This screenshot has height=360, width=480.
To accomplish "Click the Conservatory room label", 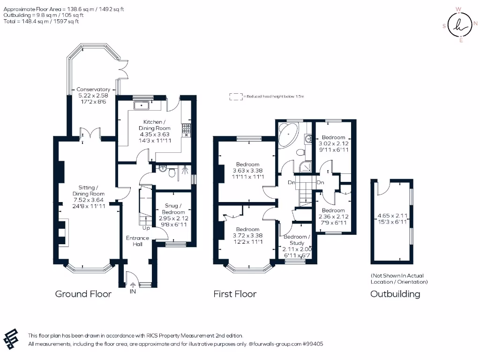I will (x=93, y=89).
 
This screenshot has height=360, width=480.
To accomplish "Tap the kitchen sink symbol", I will (x=141, y=105).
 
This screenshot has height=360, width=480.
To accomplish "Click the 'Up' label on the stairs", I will (x=146, y=228).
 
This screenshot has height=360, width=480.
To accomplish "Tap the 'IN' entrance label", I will (x=133, y=292).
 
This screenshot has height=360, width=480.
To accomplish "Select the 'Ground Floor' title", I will (x=83, y=294).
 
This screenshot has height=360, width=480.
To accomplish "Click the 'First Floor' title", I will (x=235, y=294).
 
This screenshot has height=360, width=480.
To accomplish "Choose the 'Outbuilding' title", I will (x=395, y=294).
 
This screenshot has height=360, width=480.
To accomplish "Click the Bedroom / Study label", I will (x=297, y=240).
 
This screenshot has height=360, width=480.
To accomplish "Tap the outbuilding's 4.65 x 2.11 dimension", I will (x=392, y=216).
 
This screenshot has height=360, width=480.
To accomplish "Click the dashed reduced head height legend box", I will (x=234, y=96).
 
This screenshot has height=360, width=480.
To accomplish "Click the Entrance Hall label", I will (x=137, y=241).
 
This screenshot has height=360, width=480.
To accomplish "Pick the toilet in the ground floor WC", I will (x=172, y=173).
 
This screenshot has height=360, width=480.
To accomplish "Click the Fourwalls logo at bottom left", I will (x=12, y=338).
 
